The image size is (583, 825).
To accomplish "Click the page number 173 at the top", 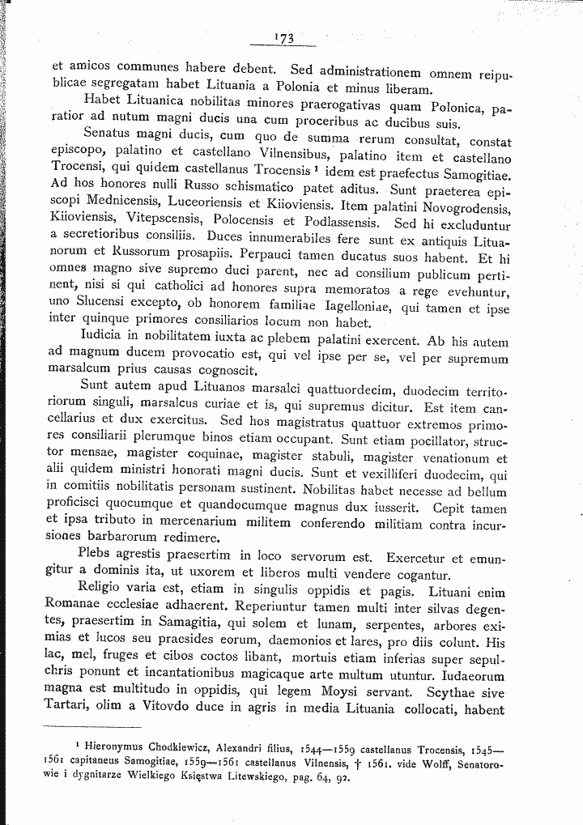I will coord(283,37).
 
